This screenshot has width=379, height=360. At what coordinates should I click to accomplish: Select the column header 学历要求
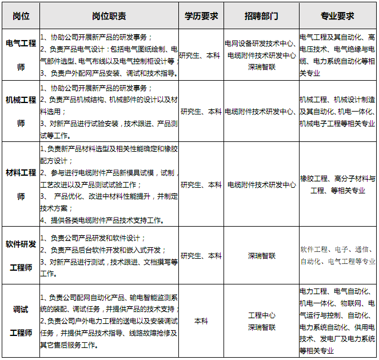(x=201, y=16)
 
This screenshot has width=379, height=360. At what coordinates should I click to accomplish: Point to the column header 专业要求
(x=337, y=16)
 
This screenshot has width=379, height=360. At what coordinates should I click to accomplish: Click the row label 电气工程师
(x=21, y=55)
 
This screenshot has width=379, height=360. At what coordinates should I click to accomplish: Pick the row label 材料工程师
(x=21, y=184)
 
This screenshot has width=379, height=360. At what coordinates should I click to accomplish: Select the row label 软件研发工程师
(x=21, y=256)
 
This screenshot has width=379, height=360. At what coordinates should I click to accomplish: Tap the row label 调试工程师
(x=21, y=321)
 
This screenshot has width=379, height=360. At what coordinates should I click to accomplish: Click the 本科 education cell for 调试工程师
(x=201, y=321)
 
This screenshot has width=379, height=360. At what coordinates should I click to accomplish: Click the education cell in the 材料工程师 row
(x=201, y=185)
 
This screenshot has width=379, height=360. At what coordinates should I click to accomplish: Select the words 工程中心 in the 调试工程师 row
(x=261, y=315)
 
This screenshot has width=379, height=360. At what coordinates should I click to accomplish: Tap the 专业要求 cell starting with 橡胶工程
(x=337, y=184)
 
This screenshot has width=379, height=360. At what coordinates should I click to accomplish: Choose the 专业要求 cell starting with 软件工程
(x=337, y=255)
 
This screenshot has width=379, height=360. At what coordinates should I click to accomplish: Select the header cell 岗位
(x=21, y=16)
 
